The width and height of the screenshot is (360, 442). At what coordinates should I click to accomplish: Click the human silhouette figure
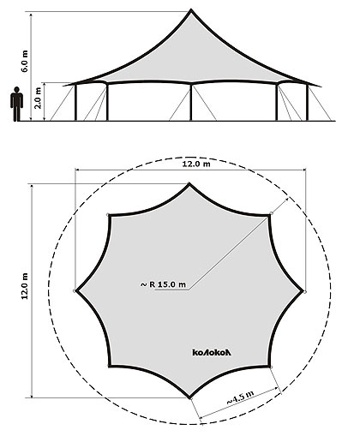[16, 104]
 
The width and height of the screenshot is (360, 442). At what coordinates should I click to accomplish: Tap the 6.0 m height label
[25, 61]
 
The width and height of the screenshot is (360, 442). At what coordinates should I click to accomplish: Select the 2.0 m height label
[38, 98]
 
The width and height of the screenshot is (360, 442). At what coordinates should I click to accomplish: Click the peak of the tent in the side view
[191, 10]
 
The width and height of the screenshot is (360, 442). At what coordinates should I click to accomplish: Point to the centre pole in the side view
[191, 102]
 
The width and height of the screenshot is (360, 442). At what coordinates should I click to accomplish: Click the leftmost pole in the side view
[75, 102]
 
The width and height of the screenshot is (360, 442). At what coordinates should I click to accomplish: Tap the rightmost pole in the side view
[307, 102]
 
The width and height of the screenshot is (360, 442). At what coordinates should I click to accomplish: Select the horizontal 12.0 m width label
[196, 164]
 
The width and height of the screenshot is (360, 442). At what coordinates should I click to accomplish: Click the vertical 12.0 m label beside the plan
[25, 286]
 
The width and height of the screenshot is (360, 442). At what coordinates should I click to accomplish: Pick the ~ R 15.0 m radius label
[163, 284]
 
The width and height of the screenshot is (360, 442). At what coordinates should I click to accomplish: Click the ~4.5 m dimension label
[240, 397]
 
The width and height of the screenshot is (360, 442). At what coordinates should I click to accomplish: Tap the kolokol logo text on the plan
[212, 352]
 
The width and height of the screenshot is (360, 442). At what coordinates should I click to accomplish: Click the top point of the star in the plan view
[189, 184]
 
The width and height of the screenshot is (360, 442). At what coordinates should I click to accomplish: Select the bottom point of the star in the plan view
[189, 397]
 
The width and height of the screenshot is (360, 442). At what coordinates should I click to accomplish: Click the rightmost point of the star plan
[303, 291]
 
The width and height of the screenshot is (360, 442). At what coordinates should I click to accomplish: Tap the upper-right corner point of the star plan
[269, 215]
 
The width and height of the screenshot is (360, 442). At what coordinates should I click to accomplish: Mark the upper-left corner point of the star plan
[110, 215]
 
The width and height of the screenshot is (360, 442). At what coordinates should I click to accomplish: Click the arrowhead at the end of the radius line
[286, 199]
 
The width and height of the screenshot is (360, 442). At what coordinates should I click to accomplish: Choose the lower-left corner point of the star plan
[110, 366]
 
